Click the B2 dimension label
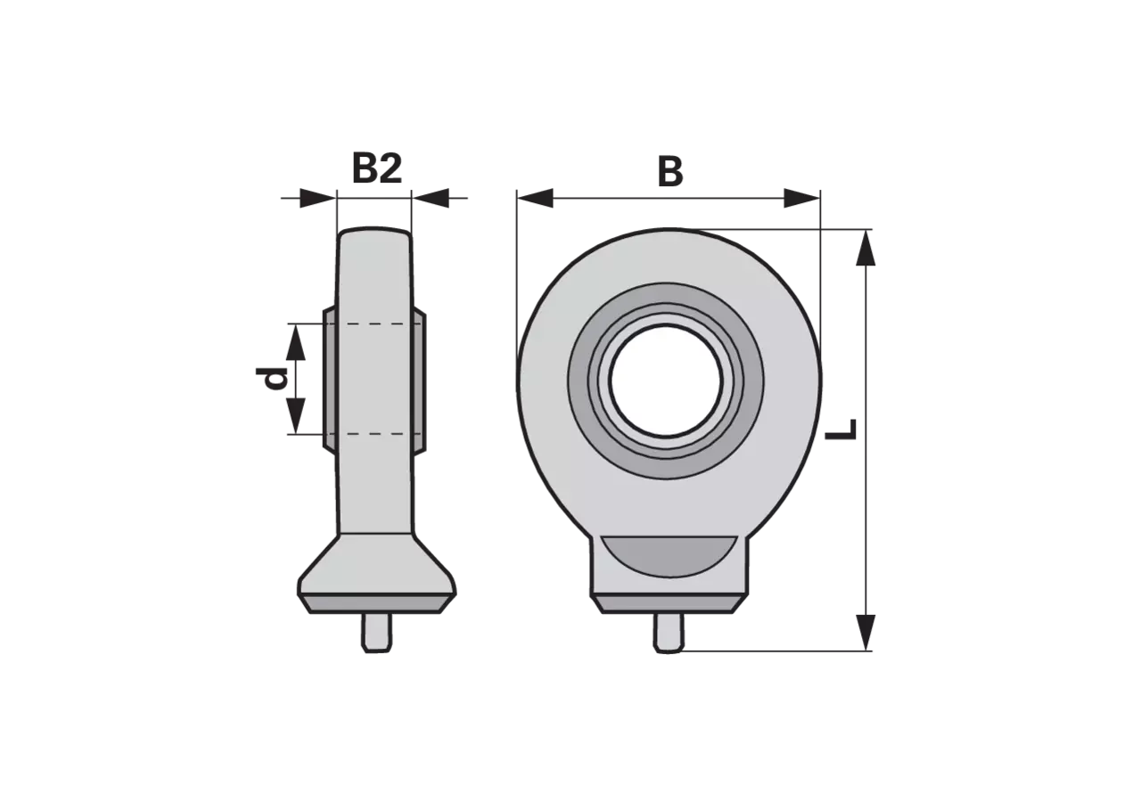point(377,168)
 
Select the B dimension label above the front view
point(670,172)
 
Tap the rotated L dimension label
point(841,430)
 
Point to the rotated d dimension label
point(272,379)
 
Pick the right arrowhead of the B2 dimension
point(431,198)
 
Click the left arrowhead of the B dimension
point(535,198)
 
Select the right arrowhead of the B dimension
point(801,198)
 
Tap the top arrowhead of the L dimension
point(866,248)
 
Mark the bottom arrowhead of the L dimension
point(866,633)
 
